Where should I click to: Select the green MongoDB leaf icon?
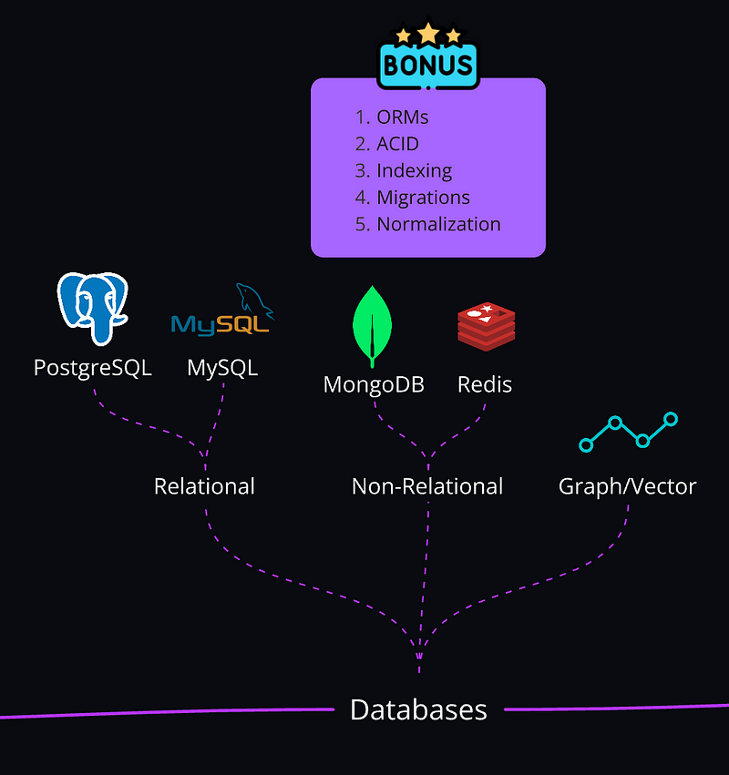pyautogui.click(x=373, y=327)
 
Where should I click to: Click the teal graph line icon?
pyautogui.click(x=629, y=433)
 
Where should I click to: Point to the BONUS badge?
pyautogui.click(x=428, y=65)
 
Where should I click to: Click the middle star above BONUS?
pyautogui.click(x=428, y=34)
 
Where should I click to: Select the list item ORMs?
pyautogui.click(x=402, y=117)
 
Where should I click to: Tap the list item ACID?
pyautogui.click(x=398, y=144)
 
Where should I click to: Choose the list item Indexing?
pyautogui.click(x=414, y=170)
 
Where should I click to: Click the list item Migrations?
pyautogui.click(x=423, y=197)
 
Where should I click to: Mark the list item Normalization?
pyautogui.click(x=438, y=224)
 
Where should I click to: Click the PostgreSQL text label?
pyautogui.click(x=92, y=368)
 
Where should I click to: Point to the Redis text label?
pyautogui.click(x=485, y=384)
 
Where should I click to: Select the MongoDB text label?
pyautogui.click(x=374, y=384)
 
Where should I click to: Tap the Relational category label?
pyautogui.click(x=204, y=486)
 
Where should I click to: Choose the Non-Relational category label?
pyautogui.click(x=427, y=486)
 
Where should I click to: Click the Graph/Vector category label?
pyautogui.click(x=627, y=486)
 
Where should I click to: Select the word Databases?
pyautogui.click(x=418, y=709)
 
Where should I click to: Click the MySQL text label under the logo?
pyautogui.click(x=222, y=368)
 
